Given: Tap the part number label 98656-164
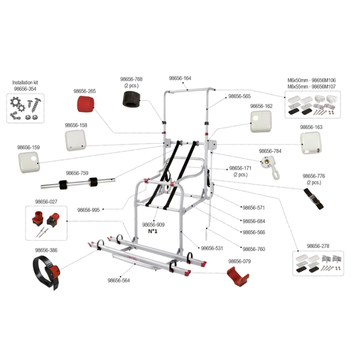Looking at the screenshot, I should point(180,78).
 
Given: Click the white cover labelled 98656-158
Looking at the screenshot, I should point(75,139).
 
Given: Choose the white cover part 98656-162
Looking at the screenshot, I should point(261,121).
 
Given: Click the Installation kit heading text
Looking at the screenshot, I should point(25,83).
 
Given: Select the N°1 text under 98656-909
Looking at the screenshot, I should point(153,231).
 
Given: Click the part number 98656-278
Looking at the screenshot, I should point(318,246).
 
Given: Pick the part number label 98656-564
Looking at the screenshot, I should point(118,280).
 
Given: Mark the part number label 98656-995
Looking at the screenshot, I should point(88,210).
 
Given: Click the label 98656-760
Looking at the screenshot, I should point(253,249).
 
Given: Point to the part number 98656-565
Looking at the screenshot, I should point(239,96).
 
